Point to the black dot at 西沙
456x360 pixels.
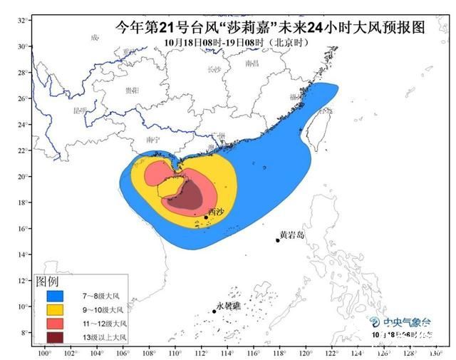(207, 217)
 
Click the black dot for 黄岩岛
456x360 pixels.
(278, 240)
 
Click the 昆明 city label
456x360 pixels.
(80, 110)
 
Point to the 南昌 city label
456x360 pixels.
(252, 63)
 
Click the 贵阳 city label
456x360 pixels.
(132, 91)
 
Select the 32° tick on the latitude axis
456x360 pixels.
(23, 21)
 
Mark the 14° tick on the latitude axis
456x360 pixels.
(23, 254)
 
